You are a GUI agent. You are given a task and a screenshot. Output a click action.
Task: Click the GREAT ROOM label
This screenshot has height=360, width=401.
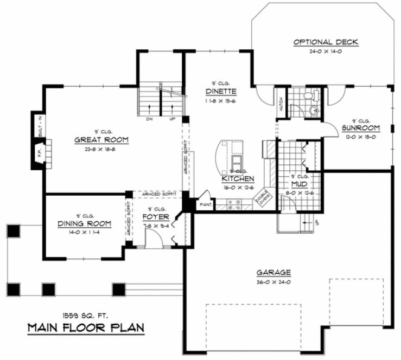pos(101,140)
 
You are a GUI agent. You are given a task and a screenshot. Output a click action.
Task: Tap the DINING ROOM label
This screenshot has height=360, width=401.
pos(84,223)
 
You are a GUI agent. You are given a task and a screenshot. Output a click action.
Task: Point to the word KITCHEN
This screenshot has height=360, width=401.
pos(238,178)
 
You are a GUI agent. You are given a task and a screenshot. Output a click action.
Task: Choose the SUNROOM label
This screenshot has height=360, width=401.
pos(360,128)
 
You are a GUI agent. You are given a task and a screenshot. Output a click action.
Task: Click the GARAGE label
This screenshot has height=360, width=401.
pos(275,273)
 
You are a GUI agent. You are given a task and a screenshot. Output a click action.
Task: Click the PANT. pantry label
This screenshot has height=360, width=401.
pos(206,205)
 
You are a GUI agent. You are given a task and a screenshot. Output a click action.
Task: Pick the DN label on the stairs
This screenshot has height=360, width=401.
pos(148,120)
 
